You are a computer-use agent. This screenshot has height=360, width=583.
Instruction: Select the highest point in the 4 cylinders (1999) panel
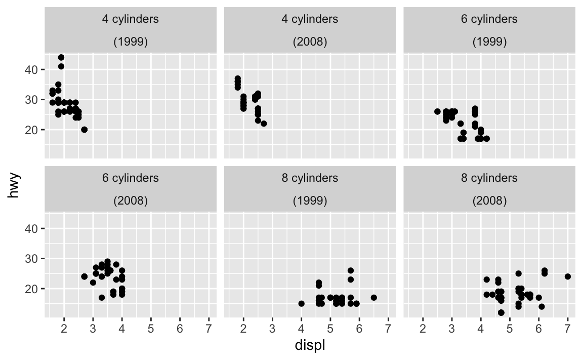pyautogui.click(x=61, y=57)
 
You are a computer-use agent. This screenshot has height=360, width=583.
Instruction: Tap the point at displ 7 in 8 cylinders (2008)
pyautogui.click(x=567, y=276)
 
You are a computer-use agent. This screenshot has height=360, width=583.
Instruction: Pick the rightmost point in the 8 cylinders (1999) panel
pyautogui.click(x=373, y=297)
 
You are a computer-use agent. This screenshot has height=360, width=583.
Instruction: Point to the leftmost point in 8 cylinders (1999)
pyautogui.click(x=302, y=304)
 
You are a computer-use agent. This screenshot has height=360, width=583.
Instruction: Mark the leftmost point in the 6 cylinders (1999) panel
pyautogui.click(x=437, y=111)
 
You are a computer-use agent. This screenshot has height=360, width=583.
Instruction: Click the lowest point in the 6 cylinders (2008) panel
pyautogui.click(x=102, y=297)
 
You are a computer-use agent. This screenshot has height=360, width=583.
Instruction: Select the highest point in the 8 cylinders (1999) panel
pyautogui.click(x=351, y=270)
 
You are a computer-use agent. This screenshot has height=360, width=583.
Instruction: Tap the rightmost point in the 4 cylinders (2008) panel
pyautogui.click(x=264, y=124)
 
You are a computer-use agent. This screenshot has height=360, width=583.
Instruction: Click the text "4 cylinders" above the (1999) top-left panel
pyautogui.click(x=131, y=19)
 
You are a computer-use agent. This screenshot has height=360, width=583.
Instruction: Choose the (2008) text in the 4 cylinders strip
pyautogui.click(x=310, y=42)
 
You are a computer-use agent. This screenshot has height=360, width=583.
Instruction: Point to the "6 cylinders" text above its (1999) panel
pyautogui.click(x=489, y=19)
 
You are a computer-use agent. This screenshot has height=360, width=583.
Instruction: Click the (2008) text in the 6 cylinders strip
pyautogui.click(x=131, y=201)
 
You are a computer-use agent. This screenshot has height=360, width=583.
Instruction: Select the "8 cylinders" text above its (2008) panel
pyautogui.click(x=489, y=178)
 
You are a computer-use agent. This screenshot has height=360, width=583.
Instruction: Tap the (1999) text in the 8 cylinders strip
pyautogui.click(x=310, y=201)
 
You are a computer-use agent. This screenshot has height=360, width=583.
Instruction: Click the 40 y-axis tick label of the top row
pyautogui.click(x=31, y=69)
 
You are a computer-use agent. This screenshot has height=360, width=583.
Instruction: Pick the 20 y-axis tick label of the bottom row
pyautogui.click(x=31, y=289)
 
